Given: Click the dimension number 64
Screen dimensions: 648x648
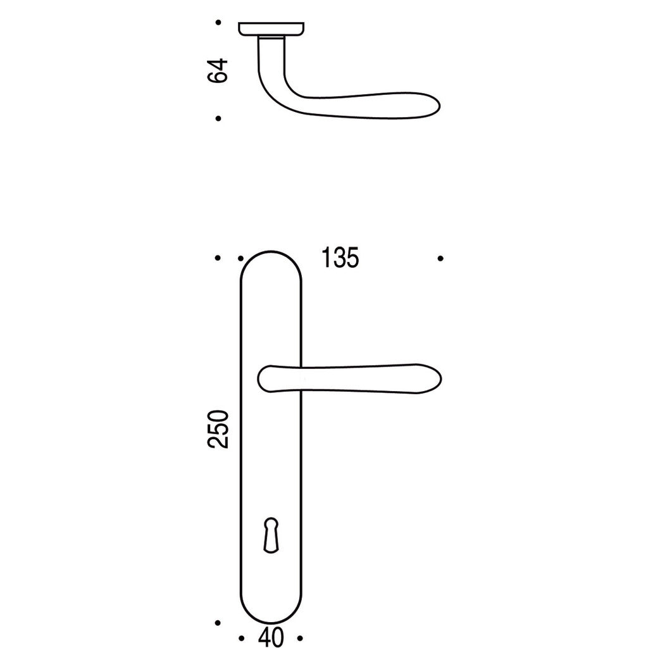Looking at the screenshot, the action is [218, 71].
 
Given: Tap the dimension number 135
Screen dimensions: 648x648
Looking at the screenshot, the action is [340, 258].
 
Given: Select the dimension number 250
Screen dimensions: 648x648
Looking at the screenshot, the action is [218, 429].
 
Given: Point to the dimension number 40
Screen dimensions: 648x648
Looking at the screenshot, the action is [271, 638].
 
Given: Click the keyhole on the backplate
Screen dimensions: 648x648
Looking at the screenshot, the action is [271, 535].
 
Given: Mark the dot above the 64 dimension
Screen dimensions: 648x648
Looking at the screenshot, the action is [218, 22].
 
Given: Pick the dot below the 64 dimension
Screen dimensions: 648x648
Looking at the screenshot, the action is [218, 118].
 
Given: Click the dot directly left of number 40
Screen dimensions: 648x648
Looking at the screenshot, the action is [242, 639].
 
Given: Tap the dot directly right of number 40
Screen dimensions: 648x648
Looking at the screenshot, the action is [301, 639].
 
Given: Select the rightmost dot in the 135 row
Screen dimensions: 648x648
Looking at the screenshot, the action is [440, 258].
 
